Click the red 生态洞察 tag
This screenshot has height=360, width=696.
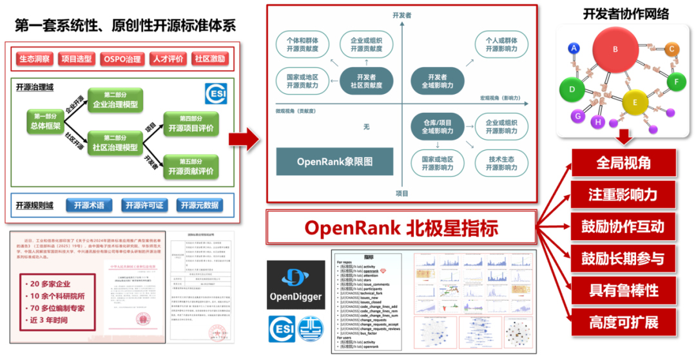pyautogui.click(x=34, y=59)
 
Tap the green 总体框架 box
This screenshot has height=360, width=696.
pyautogui.click(x=46, y=122)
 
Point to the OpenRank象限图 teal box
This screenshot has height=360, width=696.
pyautogui.click(x=335, y=161)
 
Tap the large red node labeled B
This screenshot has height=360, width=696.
pyautogui.click(x=615, y=50)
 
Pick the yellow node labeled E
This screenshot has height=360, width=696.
pyautogui.click(x=635, y=102)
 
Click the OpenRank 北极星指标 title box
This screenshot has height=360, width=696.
pyautogui.click(x=401, y=227)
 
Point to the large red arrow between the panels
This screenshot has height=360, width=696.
pyautogui.click(x=243, y=137)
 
